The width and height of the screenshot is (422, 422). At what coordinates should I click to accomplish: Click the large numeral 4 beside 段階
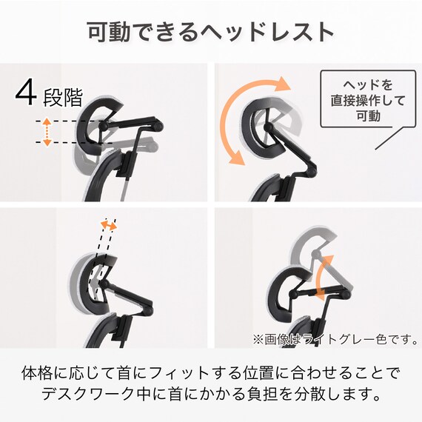coord(27,93)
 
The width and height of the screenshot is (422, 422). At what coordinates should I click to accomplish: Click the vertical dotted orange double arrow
coord(47,131)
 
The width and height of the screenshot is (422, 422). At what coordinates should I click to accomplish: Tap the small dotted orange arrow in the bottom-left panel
coord(110,225)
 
